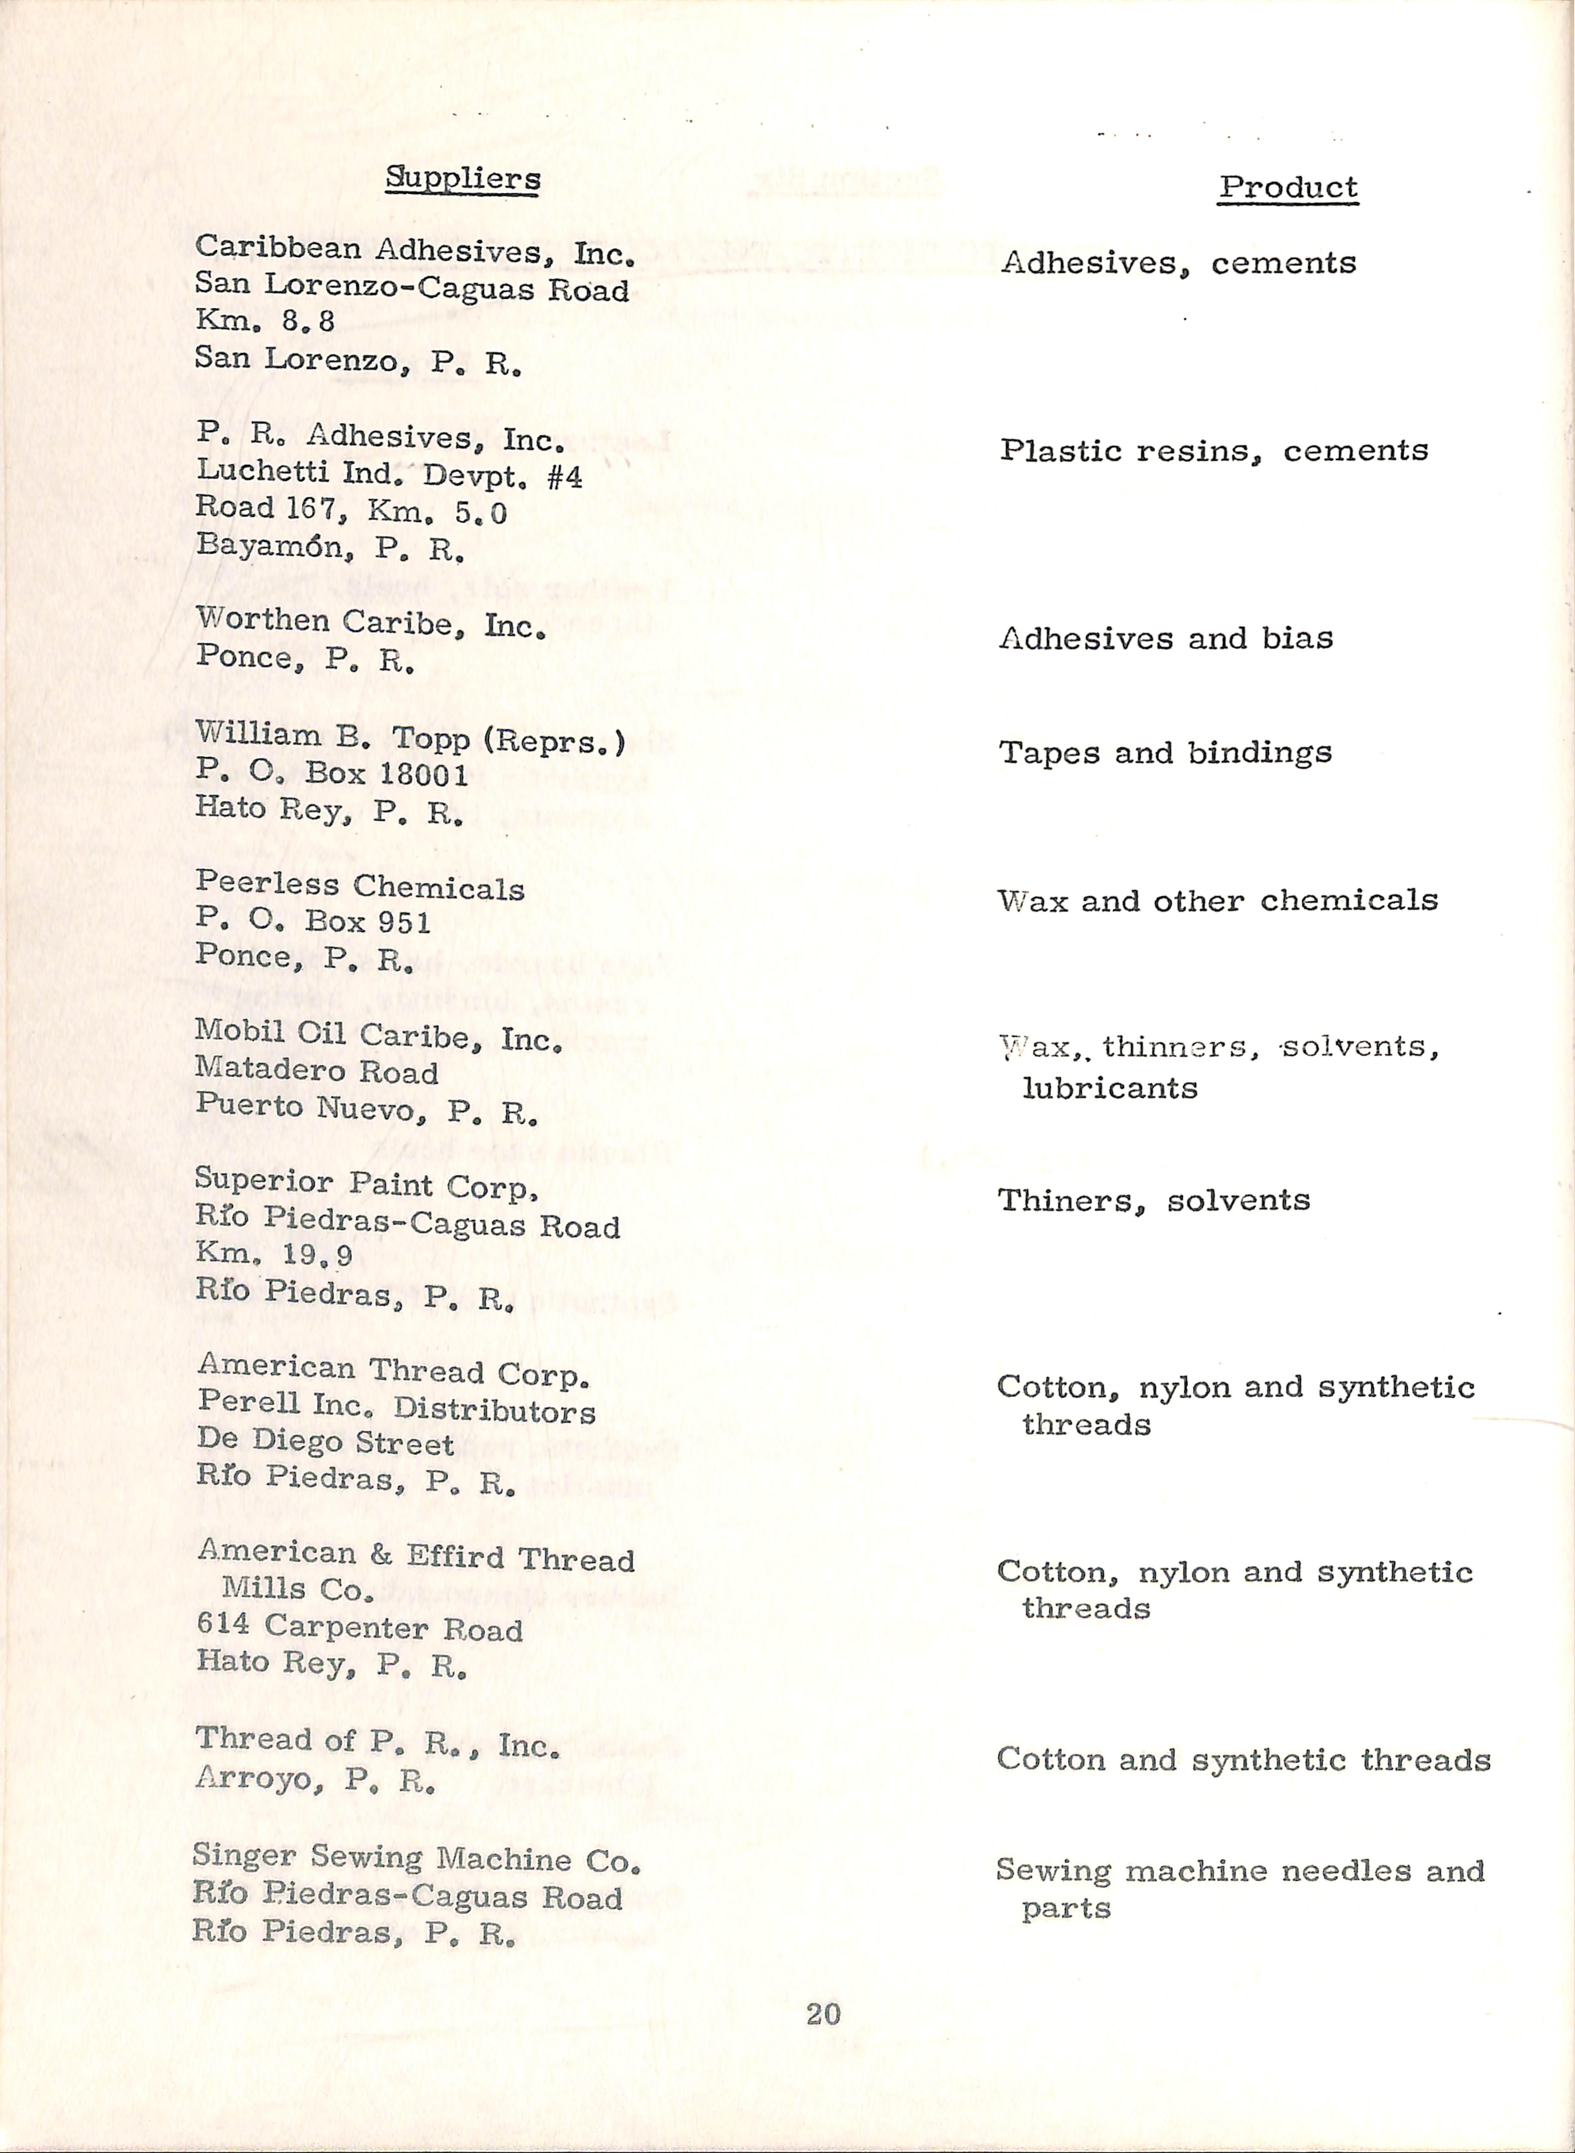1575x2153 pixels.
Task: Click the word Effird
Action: click(455, 1557)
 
